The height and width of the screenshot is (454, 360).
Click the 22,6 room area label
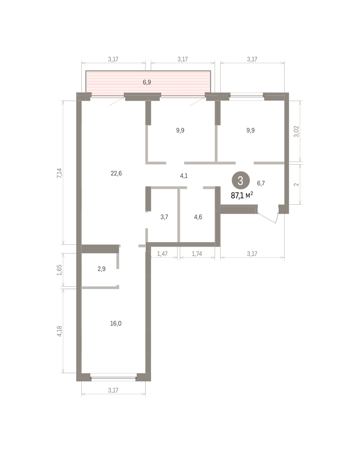tap(116, 173)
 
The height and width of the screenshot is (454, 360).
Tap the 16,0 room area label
tap(116, 323)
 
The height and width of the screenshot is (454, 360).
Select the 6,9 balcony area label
tap(147, 82)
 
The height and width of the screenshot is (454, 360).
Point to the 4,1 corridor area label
tap(184, 176)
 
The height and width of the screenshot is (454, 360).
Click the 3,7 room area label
tap(164, 217)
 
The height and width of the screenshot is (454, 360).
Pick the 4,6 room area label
tap(198, 217)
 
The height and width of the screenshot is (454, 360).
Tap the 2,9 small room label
tap(101, 269)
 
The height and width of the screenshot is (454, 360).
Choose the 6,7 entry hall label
tap(261, 183)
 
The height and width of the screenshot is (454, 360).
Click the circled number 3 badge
tap(241, 180)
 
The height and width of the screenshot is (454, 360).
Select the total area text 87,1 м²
tap(242, 196)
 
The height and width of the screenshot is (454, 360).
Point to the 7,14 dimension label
tap(59, 173)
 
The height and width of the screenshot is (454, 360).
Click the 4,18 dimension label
tap(59, 331)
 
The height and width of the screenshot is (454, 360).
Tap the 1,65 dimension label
tap(59, 270)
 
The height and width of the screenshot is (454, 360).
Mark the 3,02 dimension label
tap(296, 131)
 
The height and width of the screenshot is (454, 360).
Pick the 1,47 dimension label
tap(162, 253)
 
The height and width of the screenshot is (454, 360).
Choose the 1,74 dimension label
tap(197, 253)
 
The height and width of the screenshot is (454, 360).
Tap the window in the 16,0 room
tap(114, 378)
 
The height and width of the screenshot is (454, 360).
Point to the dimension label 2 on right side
tap(296, 184)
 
